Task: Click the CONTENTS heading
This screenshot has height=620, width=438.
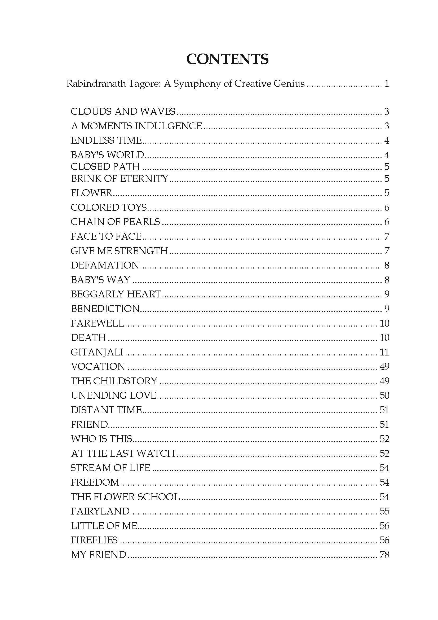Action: [x=227, y=59]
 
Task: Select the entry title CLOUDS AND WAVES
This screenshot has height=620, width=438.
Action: [x=123, y=112]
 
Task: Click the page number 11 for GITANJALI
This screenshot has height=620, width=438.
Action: [x=384, y=352]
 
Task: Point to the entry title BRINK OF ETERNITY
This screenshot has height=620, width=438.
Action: [x=120, y=178]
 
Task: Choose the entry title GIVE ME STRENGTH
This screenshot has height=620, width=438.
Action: [x=120, y=251]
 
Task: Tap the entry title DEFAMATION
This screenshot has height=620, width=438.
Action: [x=105, y=265]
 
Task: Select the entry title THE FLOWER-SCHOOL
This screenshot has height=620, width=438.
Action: [x=125, y=497]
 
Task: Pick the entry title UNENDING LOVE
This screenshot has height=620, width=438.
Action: [x=114, y=395]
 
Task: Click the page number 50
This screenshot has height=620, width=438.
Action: [x=384, y=395]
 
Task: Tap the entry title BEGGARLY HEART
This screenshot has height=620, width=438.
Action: [x=116, y=294]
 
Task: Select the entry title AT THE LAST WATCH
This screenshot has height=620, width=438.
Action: [x=123, y=453]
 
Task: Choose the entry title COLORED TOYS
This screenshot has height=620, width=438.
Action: [x=109, y=207]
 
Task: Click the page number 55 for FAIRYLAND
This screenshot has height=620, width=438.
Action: [x=384, y=511]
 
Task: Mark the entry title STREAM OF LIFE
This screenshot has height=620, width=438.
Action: [x=110, y=468]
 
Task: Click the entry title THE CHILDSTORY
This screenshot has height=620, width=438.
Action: [x=114, y=381]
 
